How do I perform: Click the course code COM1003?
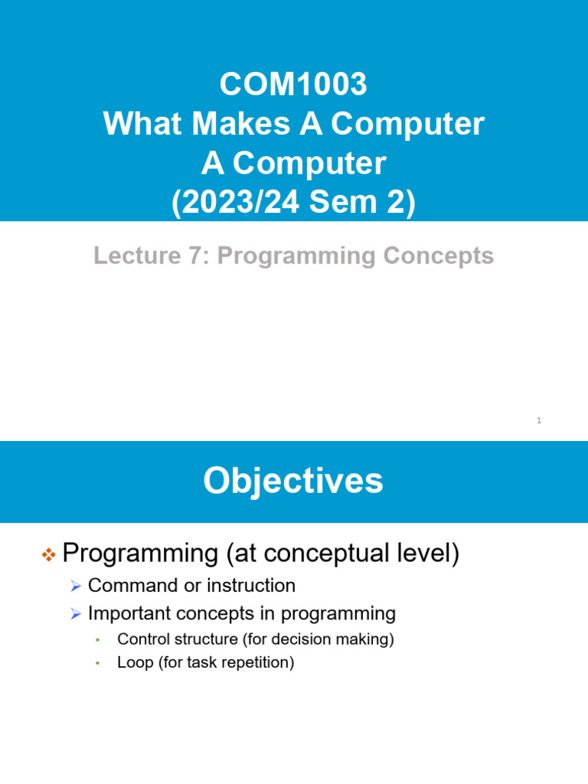293,84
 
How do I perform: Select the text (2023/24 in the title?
235,203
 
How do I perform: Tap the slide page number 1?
539,420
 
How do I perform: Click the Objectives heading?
293,482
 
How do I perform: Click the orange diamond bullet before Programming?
47,555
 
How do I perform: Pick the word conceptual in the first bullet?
322,554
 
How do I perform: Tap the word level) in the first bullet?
424,554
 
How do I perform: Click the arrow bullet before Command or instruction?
75,586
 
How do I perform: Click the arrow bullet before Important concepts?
75,614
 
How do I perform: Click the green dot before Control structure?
97,641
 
